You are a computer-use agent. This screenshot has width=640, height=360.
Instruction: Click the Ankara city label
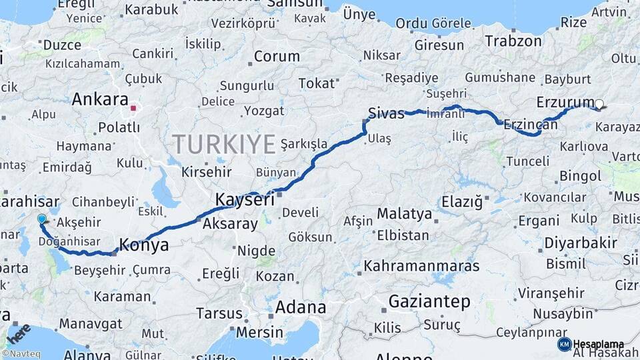99,100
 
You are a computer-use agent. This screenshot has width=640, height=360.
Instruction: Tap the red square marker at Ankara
133,107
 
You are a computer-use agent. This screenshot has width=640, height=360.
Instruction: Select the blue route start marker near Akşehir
42,219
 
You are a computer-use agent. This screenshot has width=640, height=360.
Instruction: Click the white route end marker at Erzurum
599,104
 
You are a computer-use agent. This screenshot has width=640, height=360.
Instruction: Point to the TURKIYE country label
224,143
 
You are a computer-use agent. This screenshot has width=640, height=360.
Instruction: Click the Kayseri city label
245,199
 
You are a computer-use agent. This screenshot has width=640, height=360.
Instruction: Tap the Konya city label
143,245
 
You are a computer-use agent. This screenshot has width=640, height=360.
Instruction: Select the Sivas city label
387,113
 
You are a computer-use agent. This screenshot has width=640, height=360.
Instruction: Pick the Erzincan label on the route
530,124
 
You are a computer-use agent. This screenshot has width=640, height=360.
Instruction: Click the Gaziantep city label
429,301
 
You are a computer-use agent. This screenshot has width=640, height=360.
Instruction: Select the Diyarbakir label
577,243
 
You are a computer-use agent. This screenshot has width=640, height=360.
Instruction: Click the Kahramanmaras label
421,266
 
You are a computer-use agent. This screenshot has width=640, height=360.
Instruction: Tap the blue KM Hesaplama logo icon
564,344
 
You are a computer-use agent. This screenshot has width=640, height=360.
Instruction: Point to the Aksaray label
229,224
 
